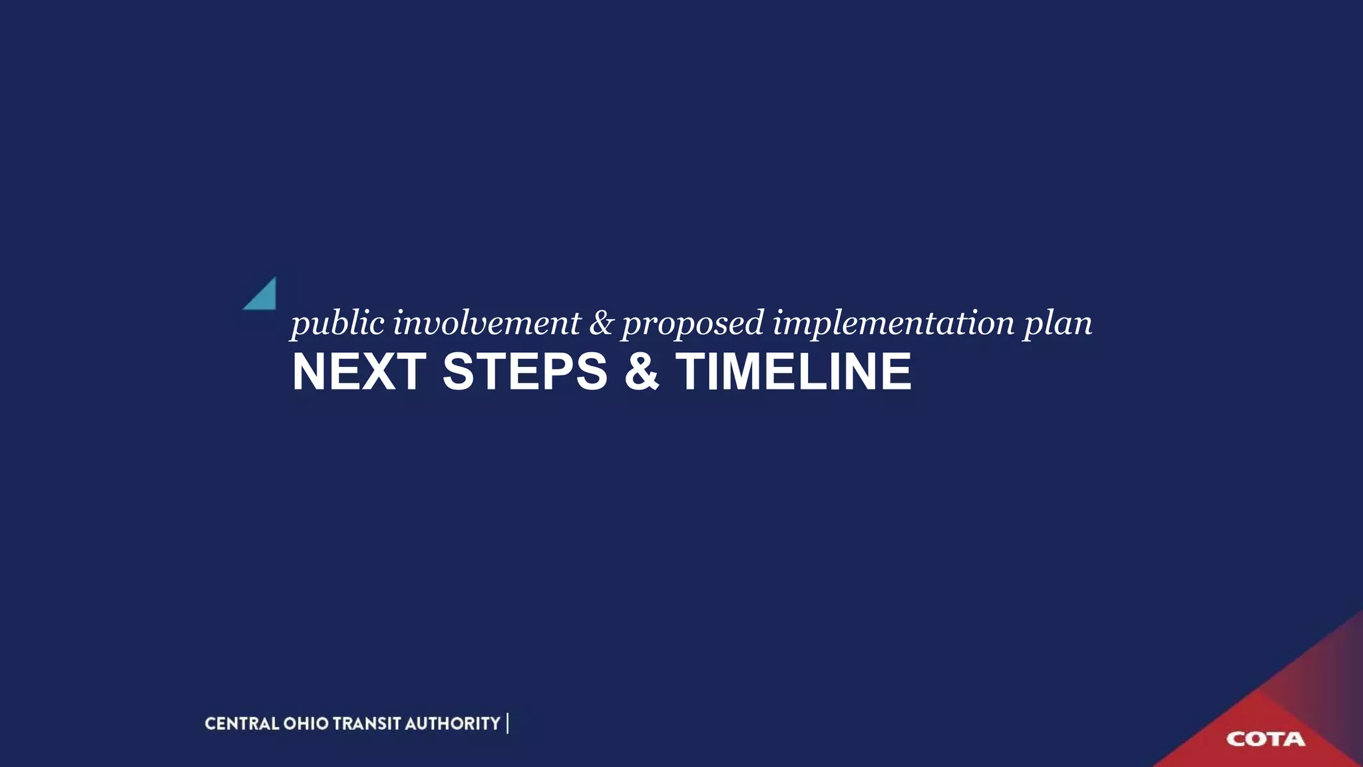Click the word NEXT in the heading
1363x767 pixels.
coord(359,372)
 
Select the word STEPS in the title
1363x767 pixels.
coord(525,372)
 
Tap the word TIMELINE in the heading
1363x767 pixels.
coord(794,372)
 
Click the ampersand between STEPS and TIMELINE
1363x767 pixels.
coord(642,372)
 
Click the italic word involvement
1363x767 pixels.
coord(487,323)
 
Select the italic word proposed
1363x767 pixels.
coord(692,324)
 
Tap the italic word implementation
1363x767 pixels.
coord(893,324)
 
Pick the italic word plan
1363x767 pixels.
coord(1058,324)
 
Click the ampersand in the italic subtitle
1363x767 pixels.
coord(601,323)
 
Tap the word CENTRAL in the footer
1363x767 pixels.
coord(242,724)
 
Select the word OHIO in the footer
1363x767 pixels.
coord(306,724)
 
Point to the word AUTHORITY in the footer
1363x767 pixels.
coord(452,724)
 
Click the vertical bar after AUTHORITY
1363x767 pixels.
coord(508,724)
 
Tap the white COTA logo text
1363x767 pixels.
coord(1265,739)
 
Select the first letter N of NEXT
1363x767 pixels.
coord(309,372)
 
